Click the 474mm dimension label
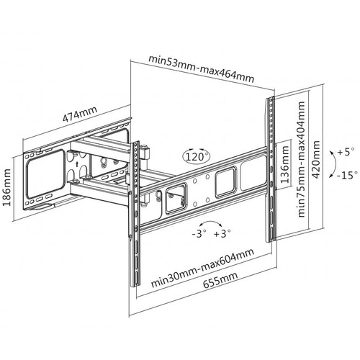coord(80,114)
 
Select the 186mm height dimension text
coord(7,187)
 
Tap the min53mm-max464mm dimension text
coord(201,69)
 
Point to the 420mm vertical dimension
coord(316,159)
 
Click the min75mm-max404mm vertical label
coord(302,159)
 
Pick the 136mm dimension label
coord(284,164)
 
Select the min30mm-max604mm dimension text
coord(202,268)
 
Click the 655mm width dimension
coord(220,280)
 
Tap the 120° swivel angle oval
coord(197,157)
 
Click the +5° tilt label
coord(346,152)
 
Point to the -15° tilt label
coord(347,175)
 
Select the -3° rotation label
coord(199,233)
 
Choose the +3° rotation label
coord(222,233)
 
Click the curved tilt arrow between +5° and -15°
coord(335,164)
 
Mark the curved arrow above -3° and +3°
coord(211,222)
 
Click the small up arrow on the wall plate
coord(76,164)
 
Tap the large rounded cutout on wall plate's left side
coord(45,174)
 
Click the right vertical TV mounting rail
coord(270,169)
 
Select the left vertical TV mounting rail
coord(135,214)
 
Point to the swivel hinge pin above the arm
coord(145,153)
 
